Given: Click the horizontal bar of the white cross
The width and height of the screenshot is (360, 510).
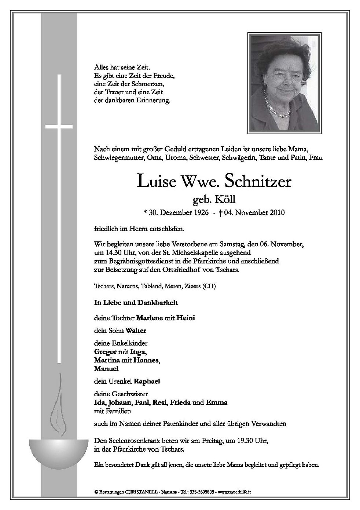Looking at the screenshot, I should pyautogui.click(x=59, y=127).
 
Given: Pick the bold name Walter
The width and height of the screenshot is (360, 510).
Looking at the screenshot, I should pyautogui.click(x=136, y=331).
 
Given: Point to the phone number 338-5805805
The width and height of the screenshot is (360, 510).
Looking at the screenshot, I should pyautogui.click(x=202, y=491).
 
